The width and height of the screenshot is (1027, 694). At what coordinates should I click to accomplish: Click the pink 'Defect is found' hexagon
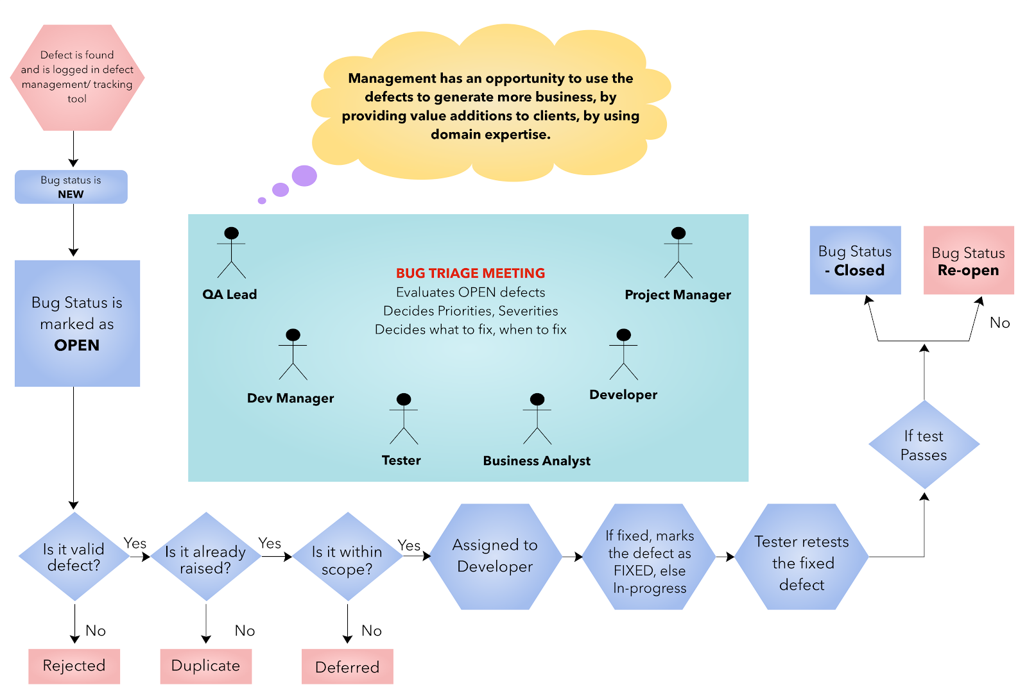click(x=77, y=77)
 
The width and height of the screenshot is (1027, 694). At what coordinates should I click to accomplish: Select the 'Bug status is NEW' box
click(x=71, y=187)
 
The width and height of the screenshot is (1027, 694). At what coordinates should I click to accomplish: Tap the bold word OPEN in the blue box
click(x=77, y=345)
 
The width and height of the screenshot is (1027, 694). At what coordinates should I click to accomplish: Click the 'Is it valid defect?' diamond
click(x=74, y=557)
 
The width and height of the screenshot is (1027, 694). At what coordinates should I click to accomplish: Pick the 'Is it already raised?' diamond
click(x=205, y=558)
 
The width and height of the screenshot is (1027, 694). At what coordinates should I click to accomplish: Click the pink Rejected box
click(x=74, y=666)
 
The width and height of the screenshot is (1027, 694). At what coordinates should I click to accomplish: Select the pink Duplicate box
click(x=205, y=666)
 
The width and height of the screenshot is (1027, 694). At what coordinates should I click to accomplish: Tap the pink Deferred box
click(x=347, y=667)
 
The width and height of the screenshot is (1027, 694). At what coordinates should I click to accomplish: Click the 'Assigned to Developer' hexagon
click(x=495, y=556)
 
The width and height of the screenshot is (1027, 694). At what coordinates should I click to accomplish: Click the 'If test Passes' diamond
click(x=924, y=445)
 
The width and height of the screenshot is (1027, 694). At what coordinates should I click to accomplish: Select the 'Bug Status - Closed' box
click(x=855, y=260)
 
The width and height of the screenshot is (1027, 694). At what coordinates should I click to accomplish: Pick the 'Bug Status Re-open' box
click(x=968, y=260)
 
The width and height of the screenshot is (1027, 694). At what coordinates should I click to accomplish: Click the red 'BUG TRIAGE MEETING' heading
click(x=470, y=273)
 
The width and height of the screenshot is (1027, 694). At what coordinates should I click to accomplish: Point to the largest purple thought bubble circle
click(x=304, y=175)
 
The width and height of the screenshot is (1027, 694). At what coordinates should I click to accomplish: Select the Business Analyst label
click(x=537, y=461)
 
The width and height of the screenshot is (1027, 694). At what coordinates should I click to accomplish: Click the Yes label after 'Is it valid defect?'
click(x=135, y=543)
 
